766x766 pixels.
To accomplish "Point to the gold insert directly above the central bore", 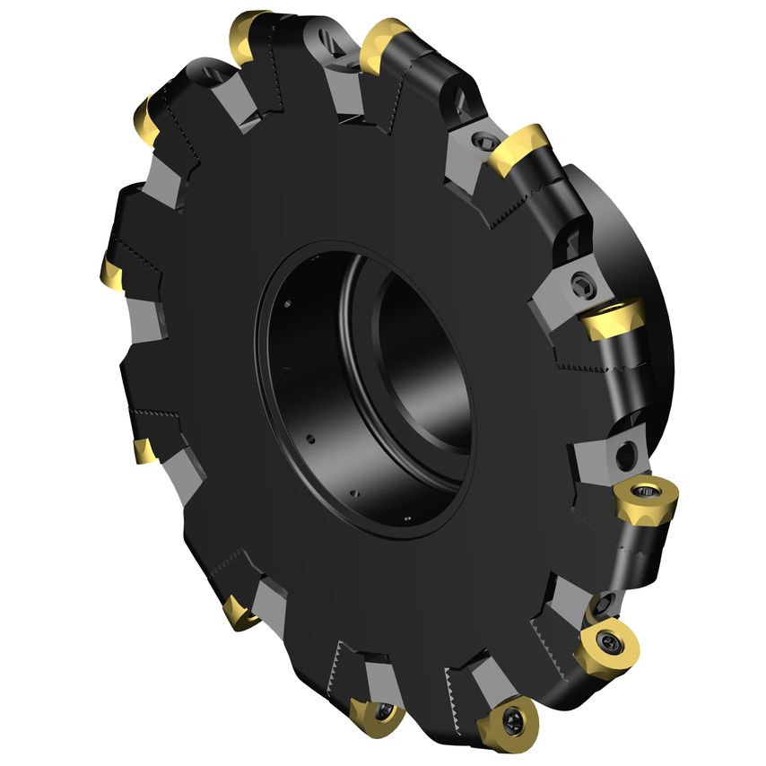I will [386, 45].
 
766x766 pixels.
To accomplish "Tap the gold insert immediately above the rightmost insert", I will [613, 319].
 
